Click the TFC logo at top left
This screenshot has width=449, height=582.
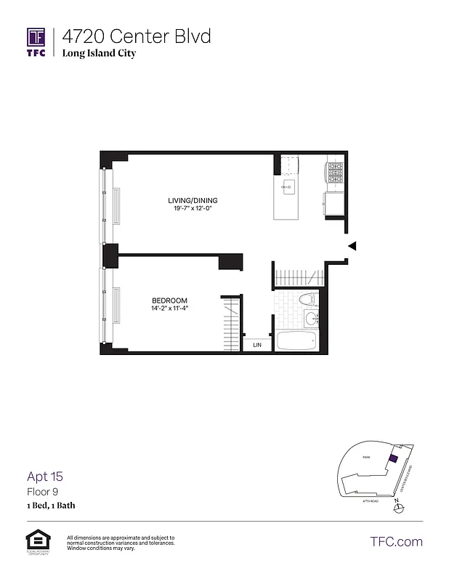click(36, 42)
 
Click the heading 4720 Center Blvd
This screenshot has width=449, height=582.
click(136, 36)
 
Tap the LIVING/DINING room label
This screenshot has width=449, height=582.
click(193, 200)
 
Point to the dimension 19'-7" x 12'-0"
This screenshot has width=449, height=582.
click(193, 209)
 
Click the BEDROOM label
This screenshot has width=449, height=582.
click(169, 300)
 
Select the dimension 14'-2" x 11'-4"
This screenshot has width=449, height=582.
click(169, 309)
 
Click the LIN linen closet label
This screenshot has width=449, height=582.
click(257, 346)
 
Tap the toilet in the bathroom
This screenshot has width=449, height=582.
click(307, 299)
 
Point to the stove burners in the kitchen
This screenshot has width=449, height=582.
click(335, 172)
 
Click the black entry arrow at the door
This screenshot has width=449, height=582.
click(352, 247)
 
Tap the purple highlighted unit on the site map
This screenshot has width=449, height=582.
click(393, 459)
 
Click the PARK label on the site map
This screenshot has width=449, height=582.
click(368, 458)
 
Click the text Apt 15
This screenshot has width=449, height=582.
click(45, 477)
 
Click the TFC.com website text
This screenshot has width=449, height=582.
click(396, 541)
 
